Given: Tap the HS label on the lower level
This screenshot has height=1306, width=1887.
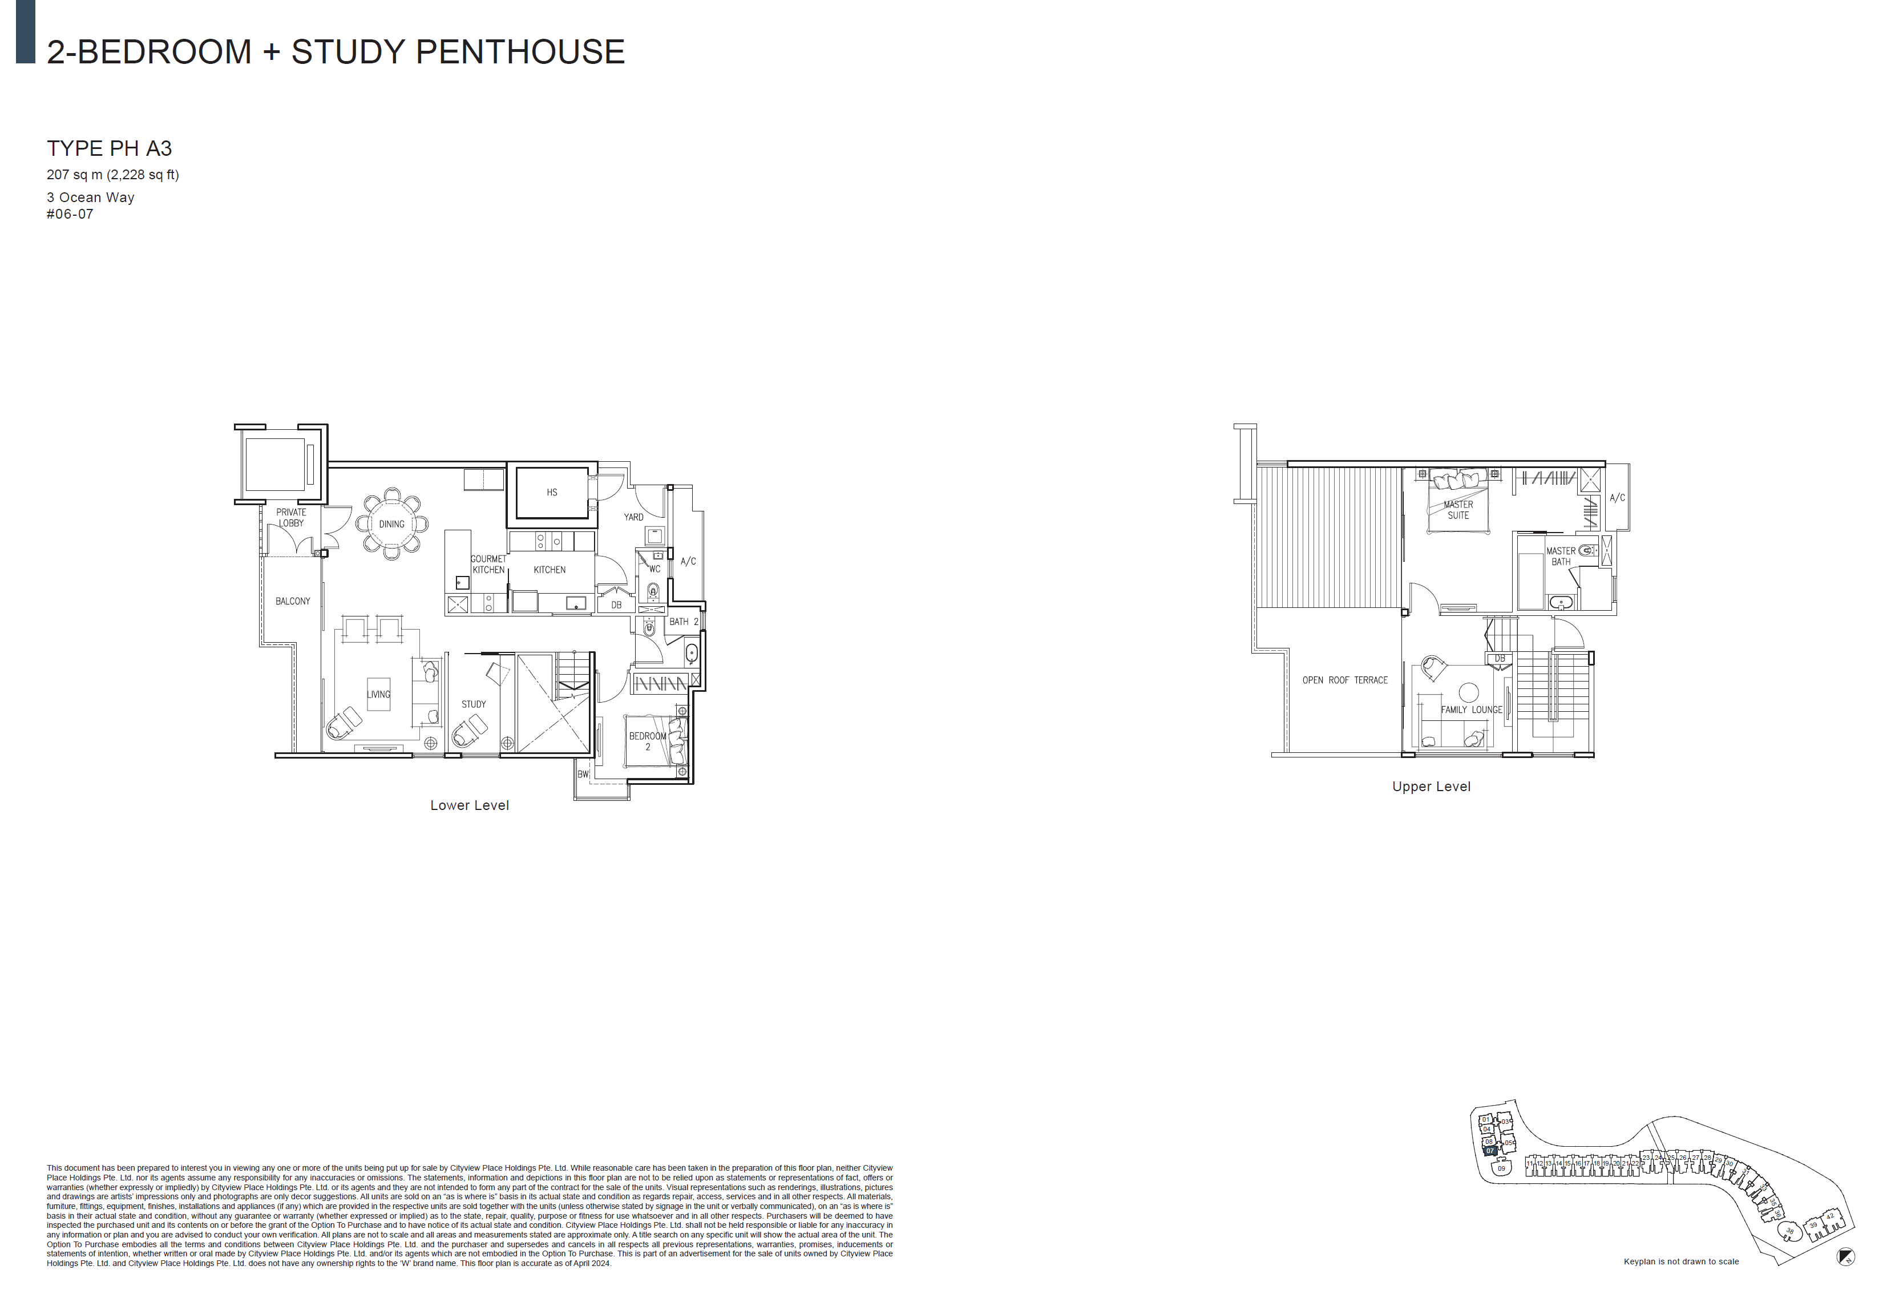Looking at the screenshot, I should (552, 493).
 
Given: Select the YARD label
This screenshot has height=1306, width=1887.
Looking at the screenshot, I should (634, 517).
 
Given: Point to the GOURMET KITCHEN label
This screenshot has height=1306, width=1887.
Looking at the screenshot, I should (488, 565).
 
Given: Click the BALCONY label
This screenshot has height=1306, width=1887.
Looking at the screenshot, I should (293, 602).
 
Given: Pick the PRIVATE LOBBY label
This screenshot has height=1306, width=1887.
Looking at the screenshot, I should (291, 518).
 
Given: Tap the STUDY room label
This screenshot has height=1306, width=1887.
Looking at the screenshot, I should (474, 704).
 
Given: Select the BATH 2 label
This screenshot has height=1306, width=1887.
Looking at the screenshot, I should (684, 622).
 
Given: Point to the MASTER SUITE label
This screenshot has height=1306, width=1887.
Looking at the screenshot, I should (1458, 510).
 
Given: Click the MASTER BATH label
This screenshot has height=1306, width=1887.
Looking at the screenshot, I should (1561, 557).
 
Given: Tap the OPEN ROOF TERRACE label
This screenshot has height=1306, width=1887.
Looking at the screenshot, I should (1345, 680).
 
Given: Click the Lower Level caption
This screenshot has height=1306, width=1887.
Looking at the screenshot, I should (470, 805).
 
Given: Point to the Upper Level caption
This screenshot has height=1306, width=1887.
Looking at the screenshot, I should (1432, 787).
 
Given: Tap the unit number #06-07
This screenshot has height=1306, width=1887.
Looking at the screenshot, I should (70, 215).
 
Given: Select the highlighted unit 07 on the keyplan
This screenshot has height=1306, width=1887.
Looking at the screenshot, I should (1490, 1151).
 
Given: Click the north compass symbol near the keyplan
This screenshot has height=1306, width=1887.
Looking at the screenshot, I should (1845, 1257).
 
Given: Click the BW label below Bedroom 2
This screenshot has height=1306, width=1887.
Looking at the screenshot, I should (583, 774).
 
